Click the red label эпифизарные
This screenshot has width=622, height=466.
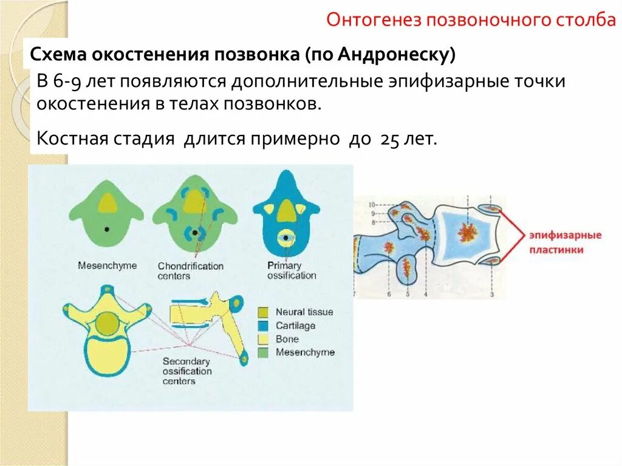coord(564,235)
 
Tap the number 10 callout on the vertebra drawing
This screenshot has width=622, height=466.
coord(372,204)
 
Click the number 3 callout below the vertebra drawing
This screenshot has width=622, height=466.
coord(491,294)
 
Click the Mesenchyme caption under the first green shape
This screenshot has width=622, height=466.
coord(107,266)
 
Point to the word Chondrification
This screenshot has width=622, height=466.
coord(191,266)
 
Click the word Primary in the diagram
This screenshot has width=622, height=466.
coord(284,266)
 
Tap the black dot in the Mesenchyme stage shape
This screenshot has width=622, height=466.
coord(107,230)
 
